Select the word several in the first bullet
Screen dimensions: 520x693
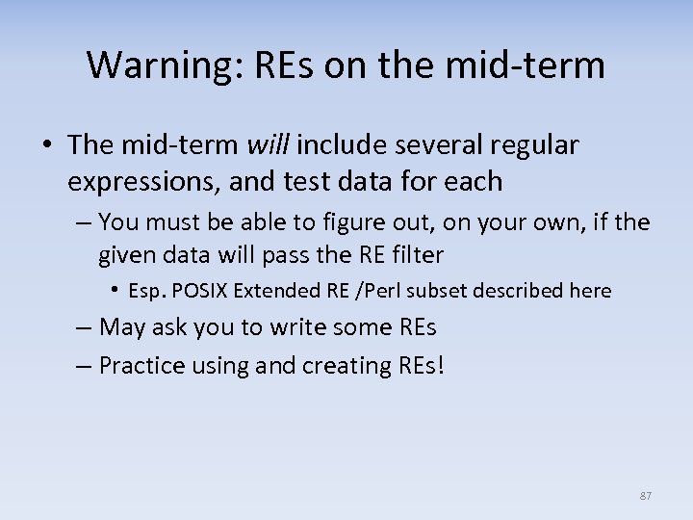tap(440, 145)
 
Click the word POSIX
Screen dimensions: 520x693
tap(205, 291)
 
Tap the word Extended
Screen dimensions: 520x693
tap(276, 291)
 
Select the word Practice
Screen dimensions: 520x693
tap(139, 366)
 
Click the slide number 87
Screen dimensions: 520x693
tap(646, 496)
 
